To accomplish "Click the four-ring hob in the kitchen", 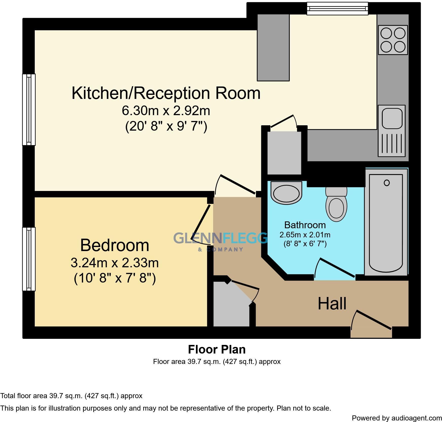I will point(393,40).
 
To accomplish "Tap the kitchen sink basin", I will point(392,118).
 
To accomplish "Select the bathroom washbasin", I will point(287,193).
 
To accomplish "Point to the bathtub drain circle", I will point(386,183).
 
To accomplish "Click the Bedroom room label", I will point(115,245).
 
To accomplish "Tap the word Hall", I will point(332,304).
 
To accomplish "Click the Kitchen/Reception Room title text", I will point(166,93).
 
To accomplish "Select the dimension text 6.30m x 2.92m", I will point(166,111).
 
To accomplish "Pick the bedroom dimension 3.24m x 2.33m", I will point(115,263).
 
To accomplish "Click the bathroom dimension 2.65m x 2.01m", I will point(305,235).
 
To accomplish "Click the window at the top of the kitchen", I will point(337,9).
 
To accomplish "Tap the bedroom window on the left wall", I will point(29,259).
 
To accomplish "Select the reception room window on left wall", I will point(29,110).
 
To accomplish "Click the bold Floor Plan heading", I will point(217,349).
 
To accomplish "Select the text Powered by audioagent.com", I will point(397,418).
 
